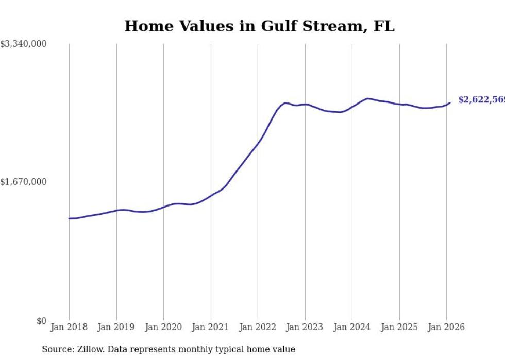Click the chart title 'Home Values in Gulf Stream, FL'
(259, 26)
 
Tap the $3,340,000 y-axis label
(24, 45)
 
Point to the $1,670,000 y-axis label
(24, 182)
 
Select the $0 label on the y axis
(41, 321)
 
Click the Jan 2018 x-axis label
(69, 328)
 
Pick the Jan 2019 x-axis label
(116, 328)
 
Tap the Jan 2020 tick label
(163, 328)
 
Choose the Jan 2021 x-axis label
(210, 328)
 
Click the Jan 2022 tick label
(258, 328)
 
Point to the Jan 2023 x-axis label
(305, 328)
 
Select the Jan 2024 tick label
(352, 328)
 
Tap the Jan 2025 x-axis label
(399, 328)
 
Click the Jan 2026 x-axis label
(446, 328)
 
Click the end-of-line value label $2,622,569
(481, 100)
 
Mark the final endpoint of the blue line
(450, 102)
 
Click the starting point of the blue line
(69, 218)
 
